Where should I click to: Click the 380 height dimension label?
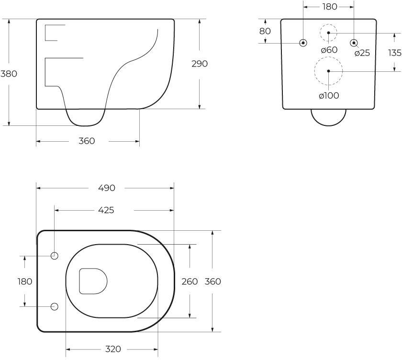9,74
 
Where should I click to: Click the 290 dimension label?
200,64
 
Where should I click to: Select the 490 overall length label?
107,188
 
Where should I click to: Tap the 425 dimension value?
106,210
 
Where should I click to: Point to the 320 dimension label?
113,349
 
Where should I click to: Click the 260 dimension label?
190,281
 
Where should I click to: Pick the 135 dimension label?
394,53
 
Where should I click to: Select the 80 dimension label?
265,31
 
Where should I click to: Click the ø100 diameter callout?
329,96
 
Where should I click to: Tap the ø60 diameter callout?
329,50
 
